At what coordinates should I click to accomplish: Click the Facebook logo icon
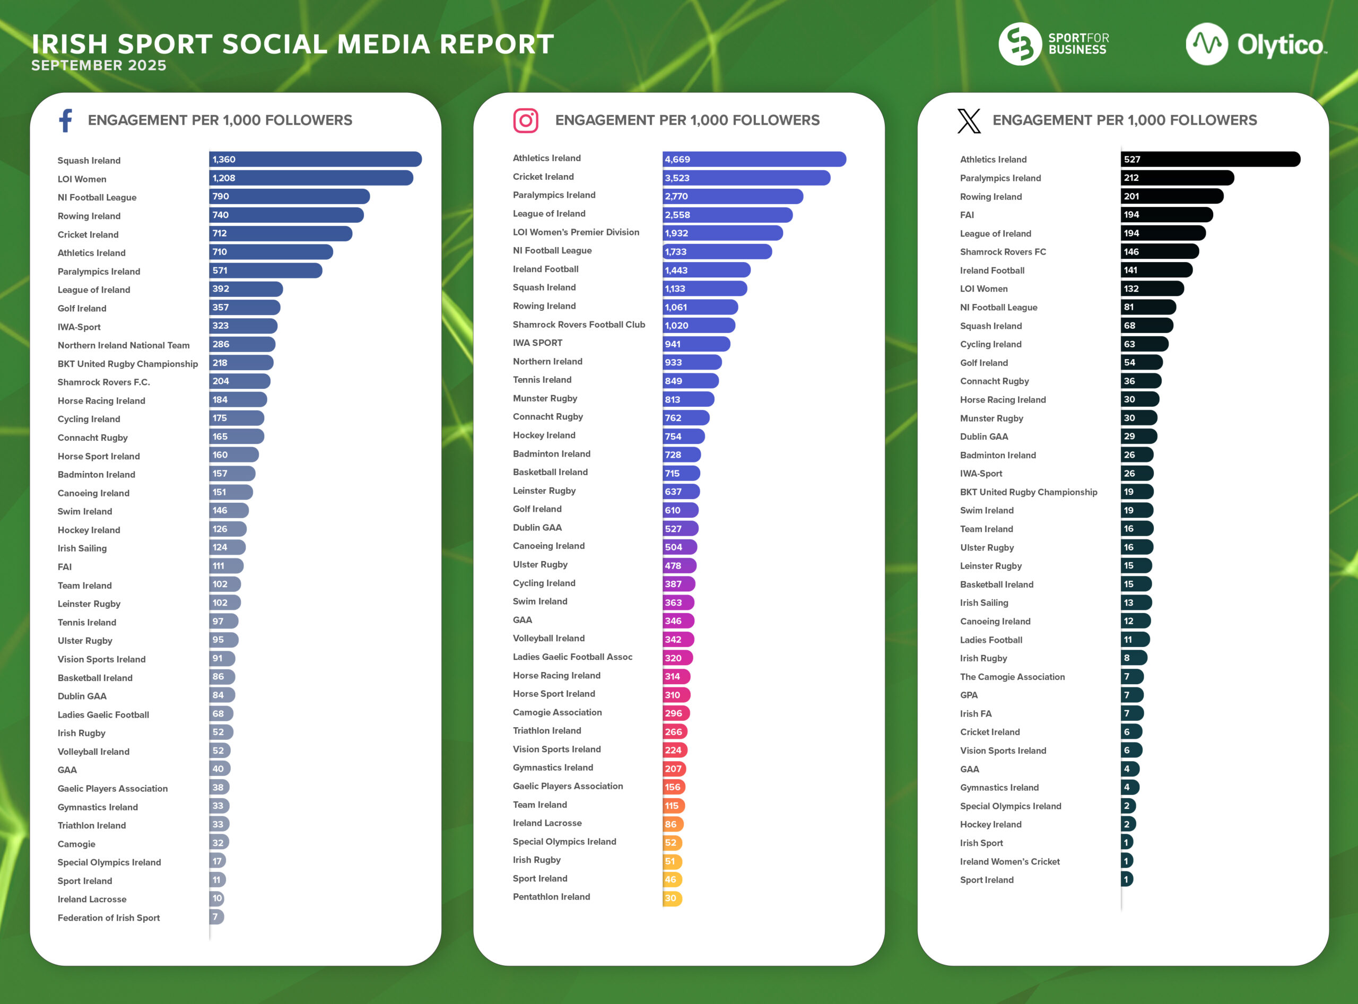pos(66,120)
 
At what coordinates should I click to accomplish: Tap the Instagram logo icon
pos(525,120)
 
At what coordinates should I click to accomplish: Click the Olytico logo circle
pos(1206,44)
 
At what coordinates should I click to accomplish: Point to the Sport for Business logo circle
pos(1020,44)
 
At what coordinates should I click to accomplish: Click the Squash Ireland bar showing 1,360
pos(315,159)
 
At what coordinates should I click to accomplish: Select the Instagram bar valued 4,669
pos(754,159)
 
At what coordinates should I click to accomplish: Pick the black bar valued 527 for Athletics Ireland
pos(1209,159)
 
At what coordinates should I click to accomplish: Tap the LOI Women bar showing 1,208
pos(311,178)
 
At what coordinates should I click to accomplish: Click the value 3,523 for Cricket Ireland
pos(677,178)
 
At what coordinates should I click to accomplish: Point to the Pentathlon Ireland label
pos(551,897)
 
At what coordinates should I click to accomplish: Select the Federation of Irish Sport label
pos(109,918)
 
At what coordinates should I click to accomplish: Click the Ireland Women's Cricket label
pos(1009,862)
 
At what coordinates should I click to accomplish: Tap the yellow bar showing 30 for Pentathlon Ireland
pos(672,898)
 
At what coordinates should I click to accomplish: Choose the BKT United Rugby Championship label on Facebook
pos(128,364)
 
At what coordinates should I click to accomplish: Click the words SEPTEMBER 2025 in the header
pos(99,66)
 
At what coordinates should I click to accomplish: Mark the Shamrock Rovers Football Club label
pos(579,325)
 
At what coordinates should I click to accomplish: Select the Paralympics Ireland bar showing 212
pos(1177,178)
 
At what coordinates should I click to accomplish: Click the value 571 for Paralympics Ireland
pos(220,270)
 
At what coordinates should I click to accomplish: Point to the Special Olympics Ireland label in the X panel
pos(1011,806)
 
